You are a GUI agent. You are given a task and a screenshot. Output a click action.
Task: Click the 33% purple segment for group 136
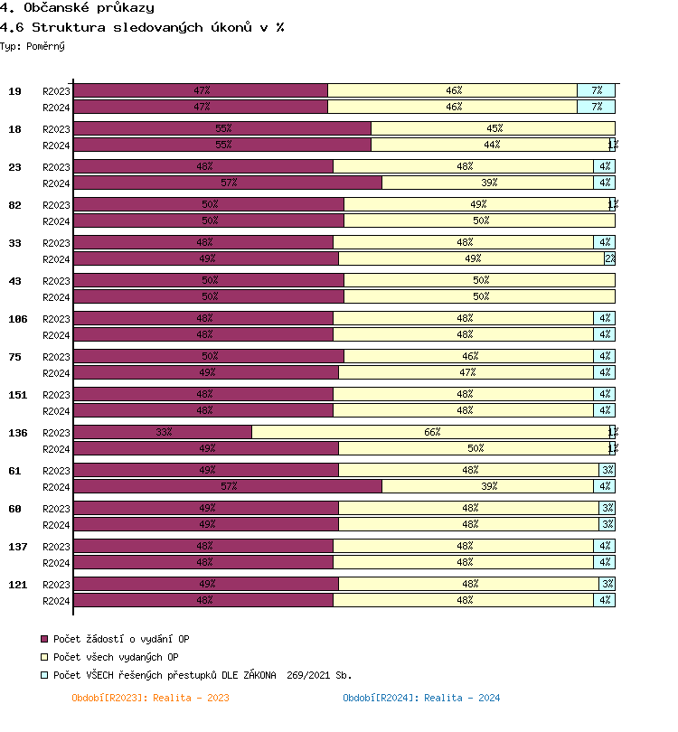click(163, 432)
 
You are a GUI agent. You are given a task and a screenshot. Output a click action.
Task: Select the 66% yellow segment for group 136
click(431, 432)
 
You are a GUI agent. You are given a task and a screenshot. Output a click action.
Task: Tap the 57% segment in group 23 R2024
click(228, 183)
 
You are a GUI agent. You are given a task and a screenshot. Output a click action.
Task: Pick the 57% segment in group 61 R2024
click(228, 486)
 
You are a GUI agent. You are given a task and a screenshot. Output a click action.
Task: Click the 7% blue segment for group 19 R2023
click(596, 90)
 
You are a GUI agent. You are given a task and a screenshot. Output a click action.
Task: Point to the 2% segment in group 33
click(610, 258)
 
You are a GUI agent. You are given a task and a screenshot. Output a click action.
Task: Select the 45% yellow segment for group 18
click(493, 128)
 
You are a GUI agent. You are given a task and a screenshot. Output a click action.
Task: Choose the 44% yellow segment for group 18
click(490, 145)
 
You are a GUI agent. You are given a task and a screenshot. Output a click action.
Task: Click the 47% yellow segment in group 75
click(466, 372)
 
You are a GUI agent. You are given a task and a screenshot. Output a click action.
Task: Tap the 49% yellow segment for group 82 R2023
click(476, 204)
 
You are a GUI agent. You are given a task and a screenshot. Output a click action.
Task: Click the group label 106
click(17, 319)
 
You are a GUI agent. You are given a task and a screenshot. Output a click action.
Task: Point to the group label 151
click(17, 395)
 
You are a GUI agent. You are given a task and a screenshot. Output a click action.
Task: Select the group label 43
click(15, 281)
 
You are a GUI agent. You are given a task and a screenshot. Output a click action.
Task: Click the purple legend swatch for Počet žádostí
click(44, 639)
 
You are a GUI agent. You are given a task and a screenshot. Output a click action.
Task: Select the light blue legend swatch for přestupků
click(44, 675)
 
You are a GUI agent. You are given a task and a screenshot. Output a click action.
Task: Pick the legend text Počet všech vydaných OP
click(116, 657)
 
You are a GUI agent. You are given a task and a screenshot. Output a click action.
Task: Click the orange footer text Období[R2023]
click(150, 698)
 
